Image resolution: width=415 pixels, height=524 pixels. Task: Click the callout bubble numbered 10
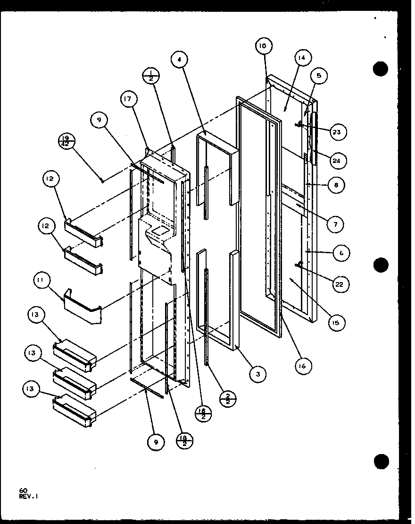tap(263, 46)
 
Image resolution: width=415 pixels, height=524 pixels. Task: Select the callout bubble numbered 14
tap(301, 58)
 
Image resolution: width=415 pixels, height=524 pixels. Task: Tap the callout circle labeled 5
tap(319, 76)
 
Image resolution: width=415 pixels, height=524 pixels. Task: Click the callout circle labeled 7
tap(335, 224)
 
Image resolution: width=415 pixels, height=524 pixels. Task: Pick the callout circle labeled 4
tap(180, 60)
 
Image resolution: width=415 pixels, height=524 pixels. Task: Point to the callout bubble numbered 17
tap(129, 99)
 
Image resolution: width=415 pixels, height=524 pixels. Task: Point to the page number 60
tap(23, 491)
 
